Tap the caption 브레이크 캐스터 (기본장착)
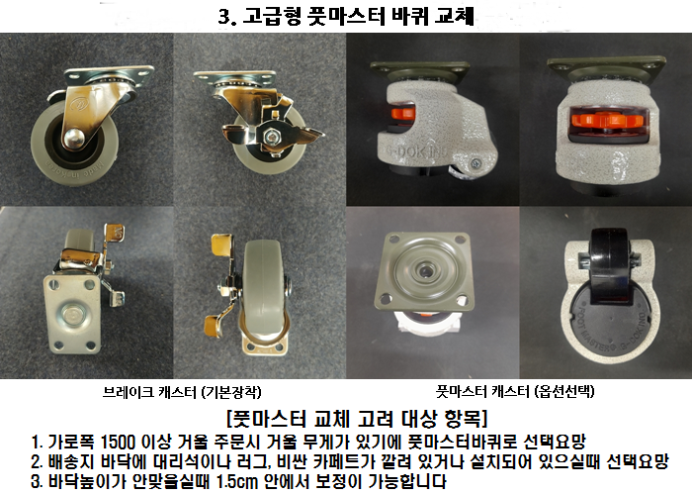coord(182,392)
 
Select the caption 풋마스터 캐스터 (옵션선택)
coord(515,391)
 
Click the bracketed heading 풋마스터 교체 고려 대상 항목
coord(357,418)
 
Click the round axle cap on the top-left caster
coord(73,138)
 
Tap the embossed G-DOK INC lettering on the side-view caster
coord(416,151)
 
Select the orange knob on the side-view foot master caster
coord(403,115)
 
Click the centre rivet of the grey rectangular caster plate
coord(71,315)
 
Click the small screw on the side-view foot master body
coord(476,163)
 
